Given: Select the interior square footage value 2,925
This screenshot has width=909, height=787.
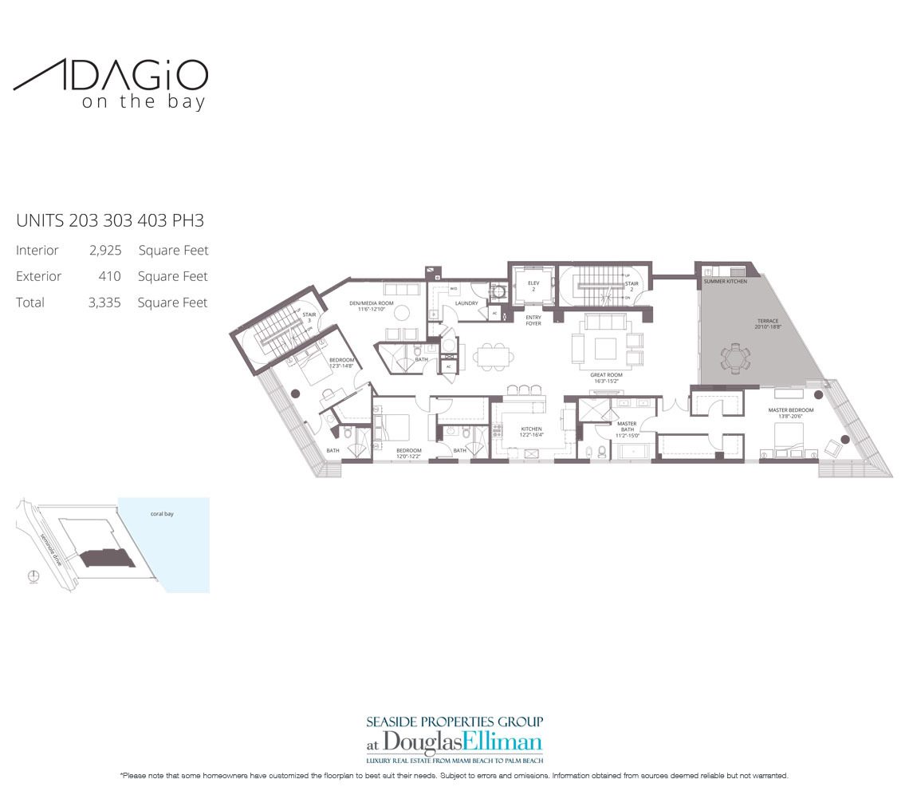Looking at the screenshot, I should (x=104, y=251).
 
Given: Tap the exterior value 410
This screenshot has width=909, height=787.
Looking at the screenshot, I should (x=110, y=277).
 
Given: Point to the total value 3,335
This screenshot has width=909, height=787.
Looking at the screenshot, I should (x=104, y=303).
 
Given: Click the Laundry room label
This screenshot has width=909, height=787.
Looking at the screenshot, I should (x=466, y=304).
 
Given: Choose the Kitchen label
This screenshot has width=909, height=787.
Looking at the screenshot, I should (x=530, y=432).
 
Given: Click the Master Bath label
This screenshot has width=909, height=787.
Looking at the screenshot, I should (x=627, y=429).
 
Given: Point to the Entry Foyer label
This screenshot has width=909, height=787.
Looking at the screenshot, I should (x=533, y=320).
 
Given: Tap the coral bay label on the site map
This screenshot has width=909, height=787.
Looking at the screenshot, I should (x=162, y=514).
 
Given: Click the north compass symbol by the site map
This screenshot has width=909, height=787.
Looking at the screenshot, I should (x=32, y=577).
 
